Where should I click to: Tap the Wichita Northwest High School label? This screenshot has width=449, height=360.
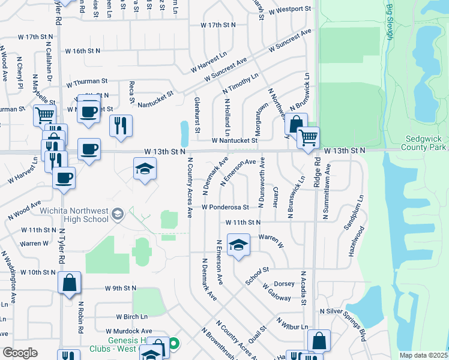[74, 215]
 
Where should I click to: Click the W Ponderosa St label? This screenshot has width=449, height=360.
[225, 208]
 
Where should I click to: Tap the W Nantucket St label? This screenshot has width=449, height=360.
[234, 140]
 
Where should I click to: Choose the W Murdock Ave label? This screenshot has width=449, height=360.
[129, 331]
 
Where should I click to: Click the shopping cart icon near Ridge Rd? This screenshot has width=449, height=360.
[309, 137]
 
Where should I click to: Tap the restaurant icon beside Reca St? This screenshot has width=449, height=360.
[121, 125]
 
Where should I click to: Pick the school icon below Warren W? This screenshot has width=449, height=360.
[238, 245]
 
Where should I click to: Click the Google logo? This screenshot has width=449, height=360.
[20, 353]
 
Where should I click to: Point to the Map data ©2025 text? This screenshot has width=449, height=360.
[423, 355]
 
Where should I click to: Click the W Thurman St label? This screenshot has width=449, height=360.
[87, 80]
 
